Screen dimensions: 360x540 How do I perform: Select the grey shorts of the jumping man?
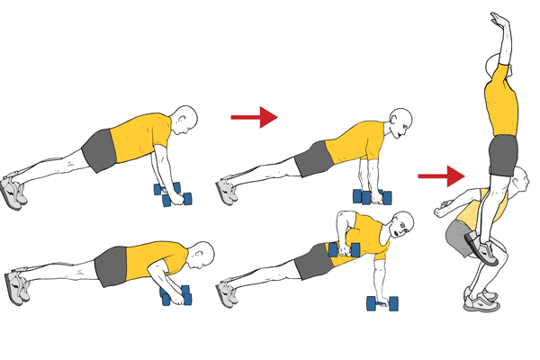click(502, 155)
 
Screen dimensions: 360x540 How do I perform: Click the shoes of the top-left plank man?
click(13, 190)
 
